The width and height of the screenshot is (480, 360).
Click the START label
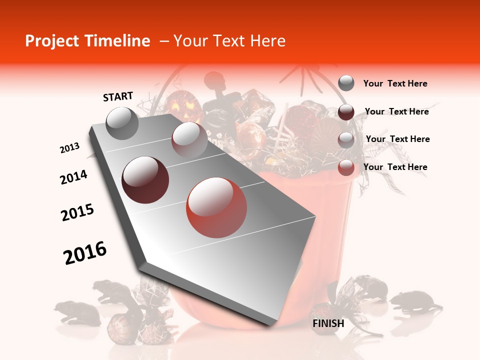click(x=118, y=96)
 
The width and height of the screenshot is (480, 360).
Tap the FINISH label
click(x=328, y=323)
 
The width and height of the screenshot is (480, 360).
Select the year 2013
click(x=69, y=148)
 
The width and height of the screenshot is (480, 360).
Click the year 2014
click(x=73, y=177)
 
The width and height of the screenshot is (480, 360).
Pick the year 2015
click(x=77, y=212)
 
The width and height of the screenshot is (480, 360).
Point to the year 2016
click(x=85, y=252)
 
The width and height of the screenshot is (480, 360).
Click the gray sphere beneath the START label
click(x=122, y=123)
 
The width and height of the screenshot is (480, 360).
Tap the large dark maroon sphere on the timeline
click(x=145, y=180)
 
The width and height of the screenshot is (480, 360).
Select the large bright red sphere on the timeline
click(x=216, y=207)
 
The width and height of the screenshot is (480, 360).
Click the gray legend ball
click(x=346, y=83)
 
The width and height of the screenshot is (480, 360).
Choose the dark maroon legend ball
click(x=346, y=112)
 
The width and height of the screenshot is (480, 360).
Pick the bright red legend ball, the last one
click(x=346, y=167)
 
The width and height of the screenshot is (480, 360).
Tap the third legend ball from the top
click(x=346, y=140)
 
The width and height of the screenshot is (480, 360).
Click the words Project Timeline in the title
click(x=87, y=41)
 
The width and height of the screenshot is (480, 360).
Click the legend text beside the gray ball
click(x=395, y=83)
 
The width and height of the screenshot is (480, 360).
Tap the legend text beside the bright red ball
click(x=395, y=167)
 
